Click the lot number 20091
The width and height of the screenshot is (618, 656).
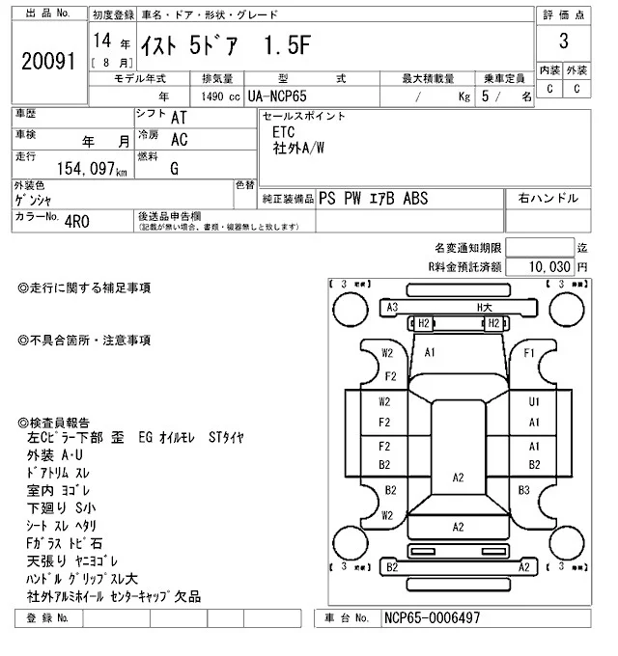pyautogui.click(x=48, y=61)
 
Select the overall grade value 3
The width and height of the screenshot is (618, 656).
pyautogui.click(x=562, y=41)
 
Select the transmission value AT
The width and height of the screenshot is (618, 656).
pyautogui.click(x=179, y=118)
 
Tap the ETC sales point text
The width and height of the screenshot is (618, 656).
pyautogui.click(x=285, y=132)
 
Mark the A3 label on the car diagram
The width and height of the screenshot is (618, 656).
pyautogui.click(x=392, y=307)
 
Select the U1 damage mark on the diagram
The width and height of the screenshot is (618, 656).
pyautogui.click(x=534, y=401)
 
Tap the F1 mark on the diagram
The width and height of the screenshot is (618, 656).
pyautogui.click(x=528, y=353)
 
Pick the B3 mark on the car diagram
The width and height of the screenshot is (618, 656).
pyautogui.click(x=524, y=490)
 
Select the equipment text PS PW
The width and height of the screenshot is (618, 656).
pyautogui.click(x=343, y=198)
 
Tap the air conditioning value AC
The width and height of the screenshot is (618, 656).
pyautogui.click(x=179, y=139)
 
